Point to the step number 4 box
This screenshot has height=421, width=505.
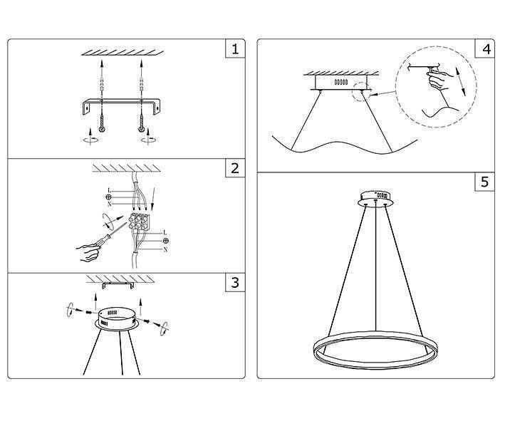click(486, 49)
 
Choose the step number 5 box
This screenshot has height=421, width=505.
click(486, 182)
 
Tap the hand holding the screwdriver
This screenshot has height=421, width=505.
click(88, 251)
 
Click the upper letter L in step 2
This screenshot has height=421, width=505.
click(108, 190)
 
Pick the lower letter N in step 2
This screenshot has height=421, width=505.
click(165, 250)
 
